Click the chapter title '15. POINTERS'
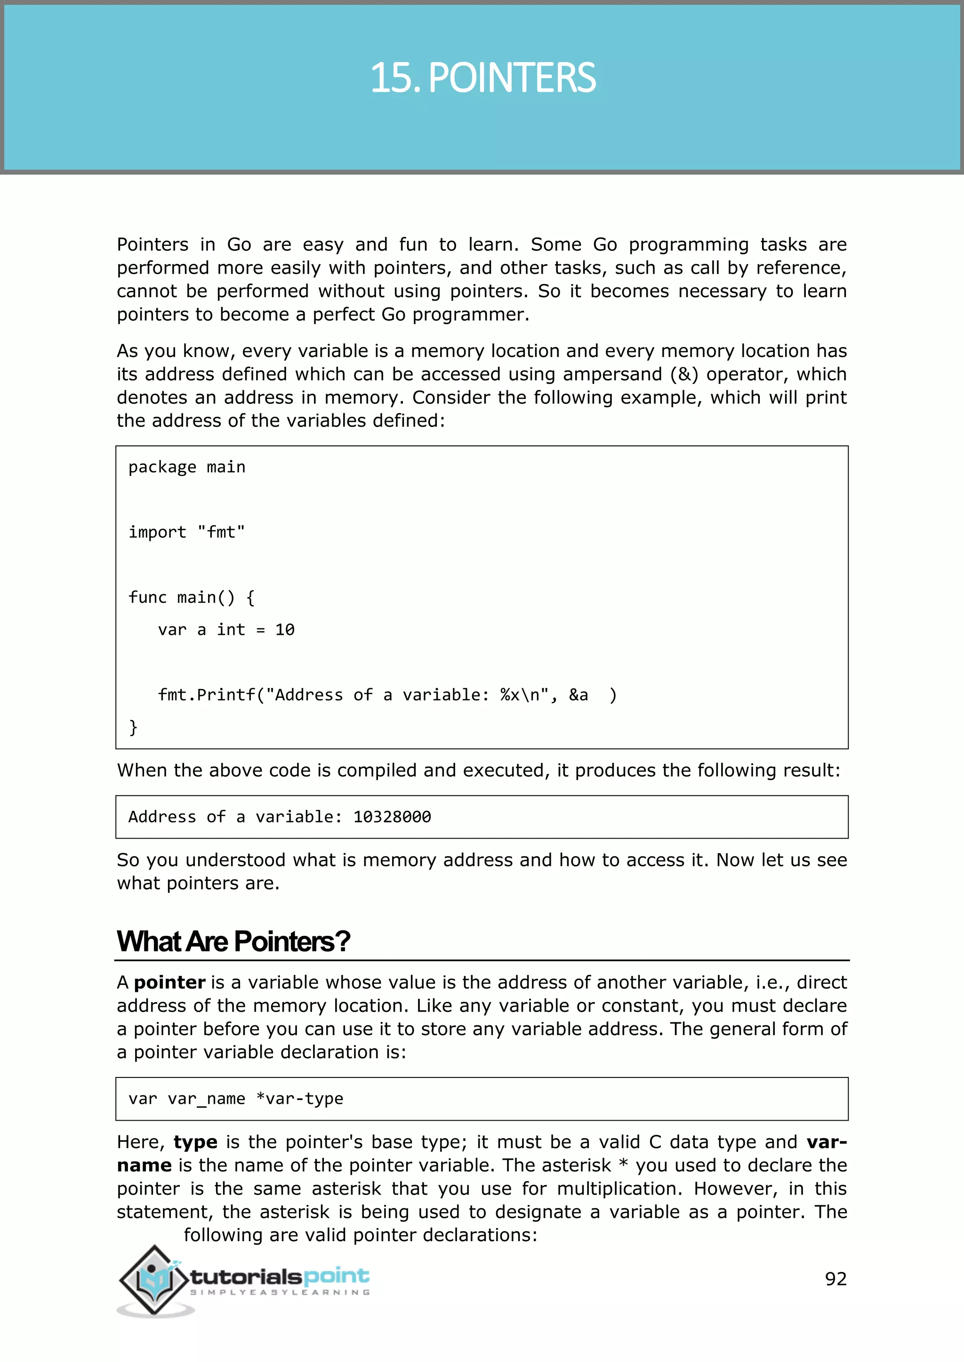482,78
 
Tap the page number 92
835,1278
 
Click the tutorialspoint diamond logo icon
155,1280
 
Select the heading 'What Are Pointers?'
233,942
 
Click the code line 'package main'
186,467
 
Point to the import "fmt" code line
186,532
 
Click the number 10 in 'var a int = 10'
284,630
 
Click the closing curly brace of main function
134,727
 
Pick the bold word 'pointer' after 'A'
170,982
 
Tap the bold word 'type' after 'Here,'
195,1142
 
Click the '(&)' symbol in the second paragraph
684,374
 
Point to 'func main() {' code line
191,597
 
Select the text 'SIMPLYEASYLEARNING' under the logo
280,1292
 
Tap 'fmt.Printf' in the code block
207,695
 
